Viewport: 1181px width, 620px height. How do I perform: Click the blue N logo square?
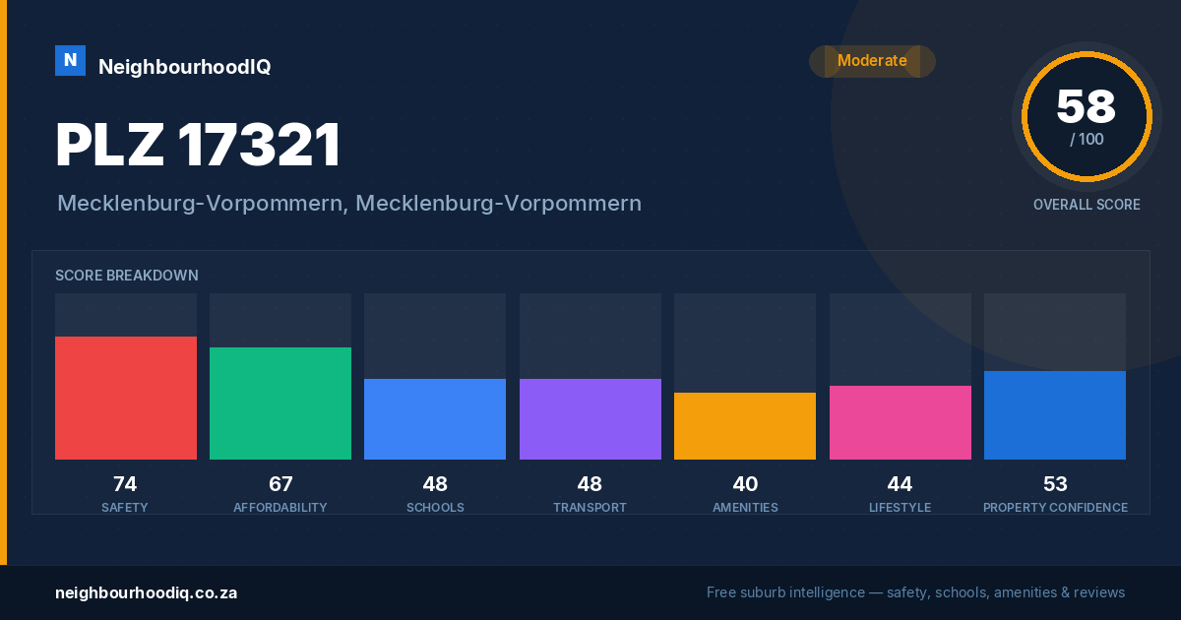click(x=70, y=61)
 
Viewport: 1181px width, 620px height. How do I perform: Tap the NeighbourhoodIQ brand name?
click(x=185, y=67)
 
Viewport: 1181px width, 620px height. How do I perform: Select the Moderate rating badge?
click(x=872, y=61)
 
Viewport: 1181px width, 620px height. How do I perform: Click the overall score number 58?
click(x=1087, y=106)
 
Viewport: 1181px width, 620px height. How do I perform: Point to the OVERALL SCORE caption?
click(x=1087, y=205)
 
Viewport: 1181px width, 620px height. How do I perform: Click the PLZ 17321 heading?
click(x=198, y=145)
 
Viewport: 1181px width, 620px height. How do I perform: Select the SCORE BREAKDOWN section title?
click(x=127, y=276)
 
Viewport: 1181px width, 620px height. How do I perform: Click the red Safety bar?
click(x=126, y=398)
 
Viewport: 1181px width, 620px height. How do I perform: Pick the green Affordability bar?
click(x=280, y=403)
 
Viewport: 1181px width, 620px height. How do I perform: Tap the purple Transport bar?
click(x=590, y=419)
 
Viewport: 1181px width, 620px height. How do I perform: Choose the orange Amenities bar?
click(x=745, y=426)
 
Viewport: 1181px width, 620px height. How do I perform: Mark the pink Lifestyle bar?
click(x=901, y=423)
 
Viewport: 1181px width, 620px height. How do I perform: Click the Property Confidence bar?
click(x=1055, y=415)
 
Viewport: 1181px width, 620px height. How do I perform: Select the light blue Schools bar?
click(x=435, y=419)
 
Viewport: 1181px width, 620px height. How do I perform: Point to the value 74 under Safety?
click(x=125, y=484)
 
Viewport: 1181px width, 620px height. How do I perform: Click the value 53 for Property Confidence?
click(x=1055, y=484)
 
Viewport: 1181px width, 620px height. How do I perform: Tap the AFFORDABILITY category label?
click(x=280, y=508)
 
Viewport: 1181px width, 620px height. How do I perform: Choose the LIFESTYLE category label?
click(x=900, y=508)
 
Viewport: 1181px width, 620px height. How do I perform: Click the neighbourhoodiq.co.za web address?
click(x=147, y=593)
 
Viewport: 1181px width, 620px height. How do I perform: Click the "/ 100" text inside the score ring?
click(x=1087, y=139)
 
